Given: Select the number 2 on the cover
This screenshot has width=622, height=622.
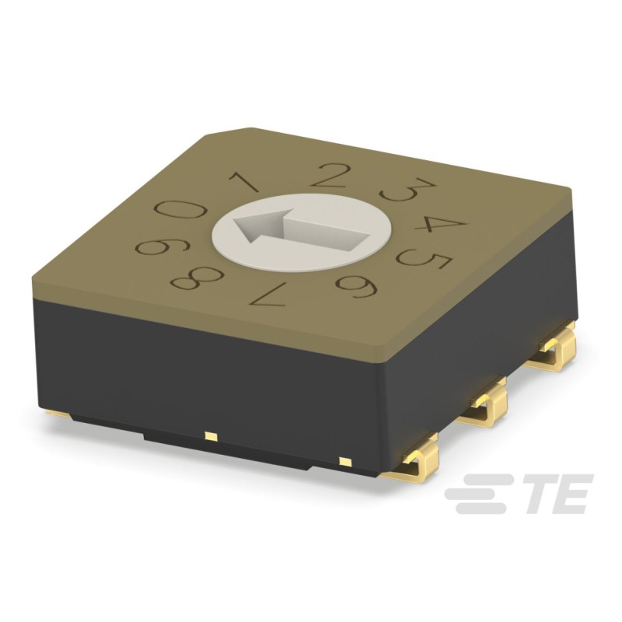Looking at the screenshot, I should [x=331, y=174].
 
